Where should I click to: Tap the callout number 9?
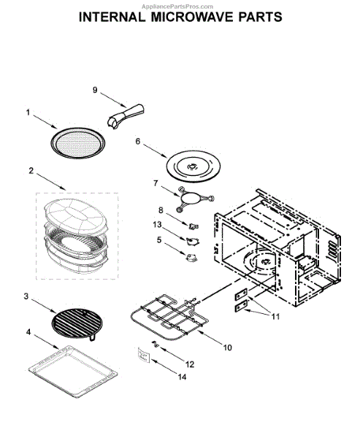click(x=95, y=90)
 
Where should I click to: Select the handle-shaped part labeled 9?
click(x=126, y=117)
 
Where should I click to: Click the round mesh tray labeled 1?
click(x=77, y=143)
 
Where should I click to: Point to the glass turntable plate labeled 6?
click(x=193, y=166)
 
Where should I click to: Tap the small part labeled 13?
click(x=192, y=242)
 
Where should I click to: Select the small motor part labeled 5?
click(x=191, y=257)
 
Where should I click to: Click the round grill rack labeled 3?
click(x=77, y=323)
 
